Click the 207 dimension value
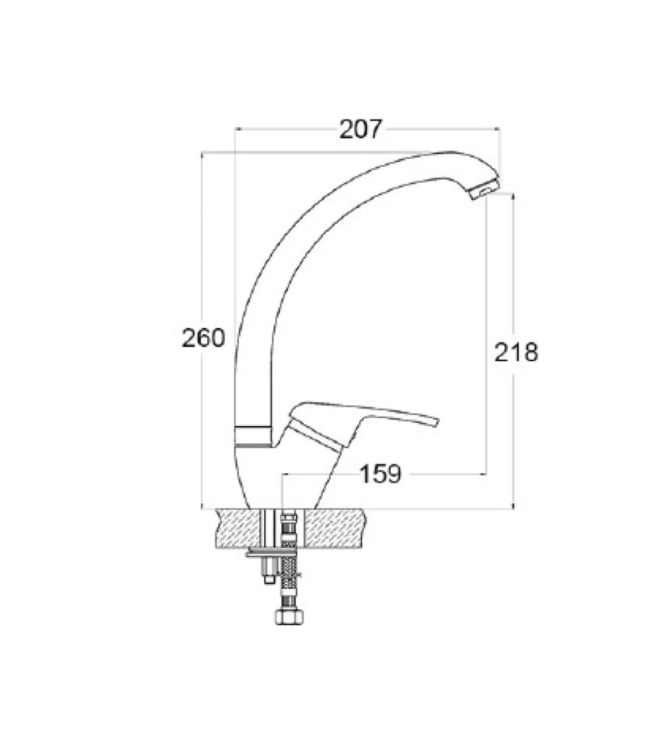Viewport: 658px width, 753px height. [x=361, y=129]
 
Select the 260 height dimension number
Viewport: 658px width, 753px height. [x=203, y=338]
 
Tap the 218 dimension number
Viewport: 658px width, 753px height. [x=516, y=352]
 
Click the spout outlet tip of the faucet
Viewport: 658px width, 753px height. [x=485, y=193]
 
